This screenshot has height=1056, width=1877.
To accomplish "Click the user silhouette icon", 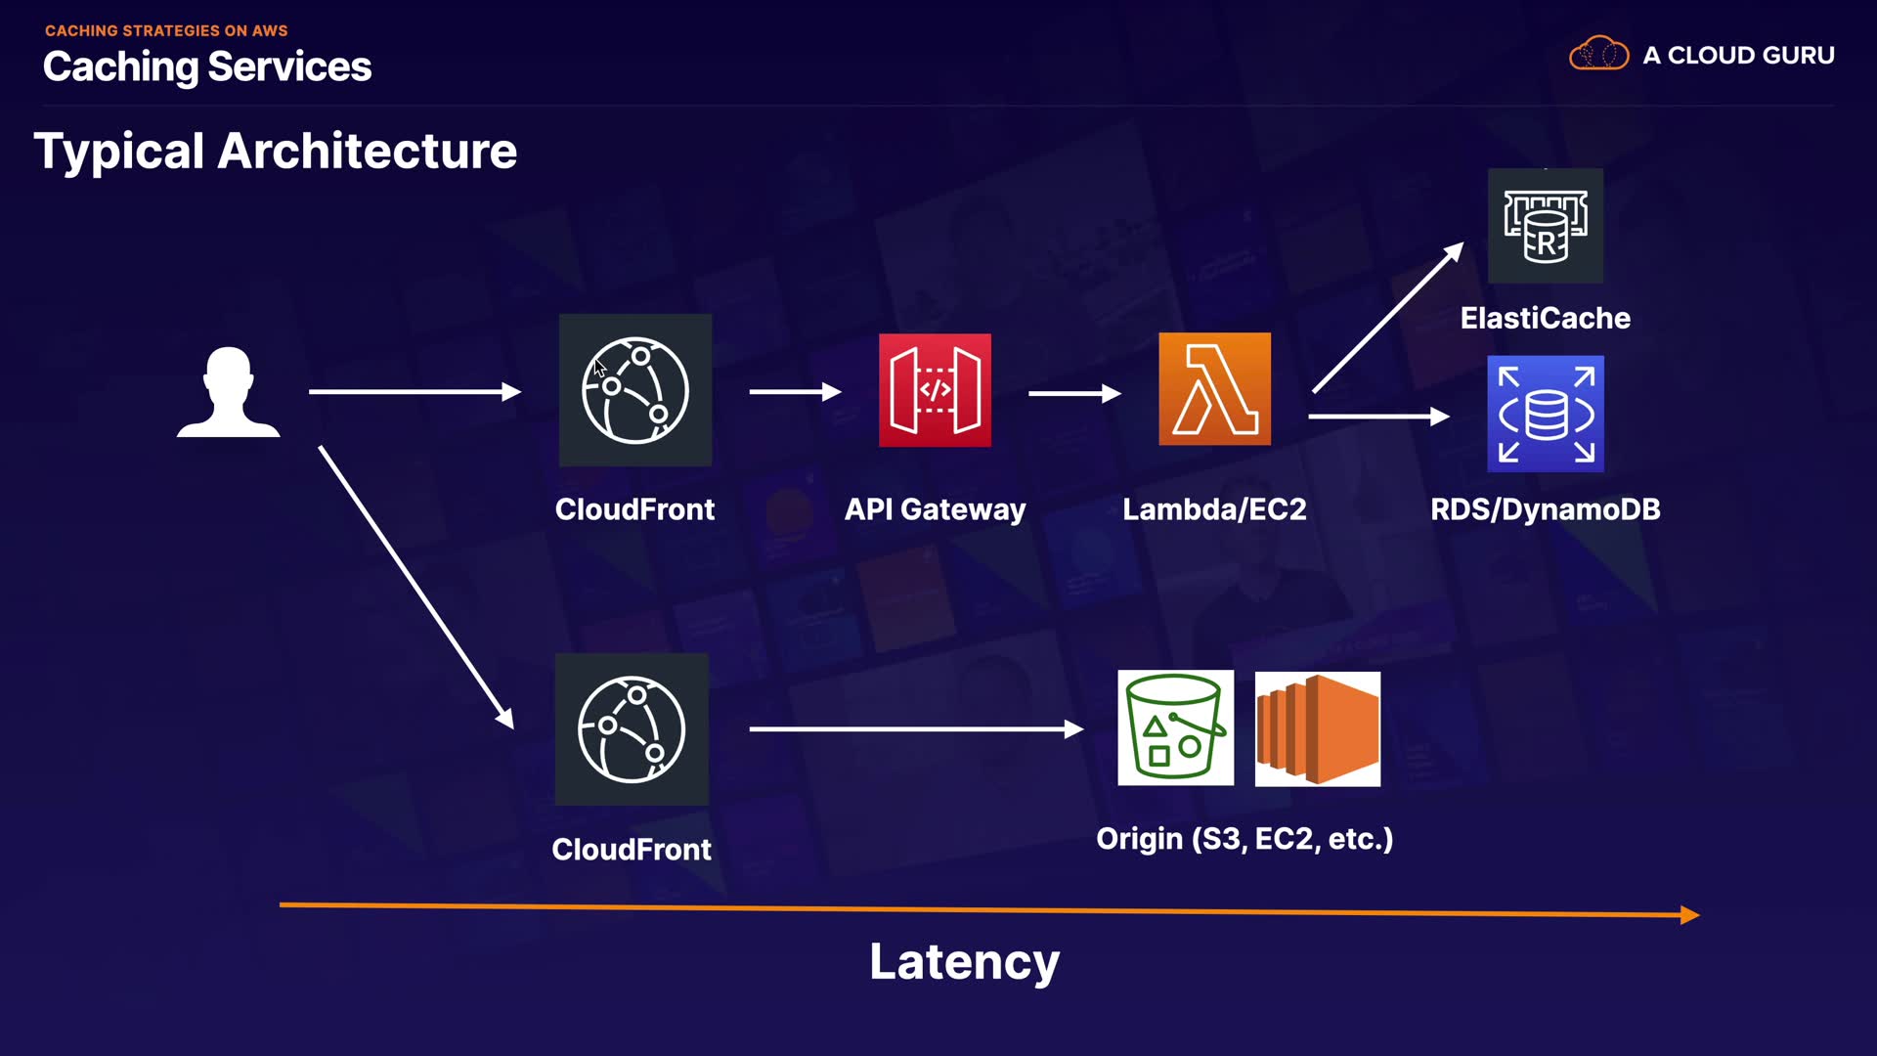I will (228, 392).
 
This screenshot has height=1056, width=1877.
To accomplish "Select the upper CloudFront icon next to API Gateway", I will (635, 390).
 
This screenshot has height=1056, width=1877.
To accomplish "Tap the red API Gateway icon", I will (935, 390).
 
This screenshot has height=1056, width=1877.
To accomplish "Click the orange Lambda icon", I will (1214, 389).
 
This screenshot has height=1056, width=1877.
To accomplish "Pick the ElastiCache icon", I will (1545, 226).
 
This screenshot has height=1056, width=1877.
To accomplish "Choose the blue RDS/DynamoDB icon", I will (1545, 414).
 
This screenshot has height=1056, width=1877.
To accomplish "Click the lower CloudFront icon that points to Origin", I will (632, 729).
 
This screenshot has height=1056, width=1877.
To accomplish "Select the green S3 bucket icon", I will (1175, 727).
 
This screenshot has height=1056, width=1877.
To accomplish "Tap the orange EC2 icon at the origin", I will (1317, 728).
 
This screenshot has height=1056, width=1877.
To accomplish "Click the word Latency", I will (964, 962).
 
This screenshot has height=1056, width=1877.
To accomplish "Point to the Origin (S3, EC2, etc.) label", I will (1244, 839).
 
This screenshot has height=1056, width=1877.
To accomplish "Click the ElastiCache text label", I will (1545, 318).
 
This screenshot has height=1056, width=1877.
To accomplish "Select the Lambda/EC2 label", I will (1214, 509).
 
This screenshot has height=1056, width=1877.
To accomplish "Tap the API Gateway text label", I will (935, 509).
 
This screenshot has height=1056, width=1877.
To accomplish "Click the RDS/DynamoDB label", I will (1545, 509).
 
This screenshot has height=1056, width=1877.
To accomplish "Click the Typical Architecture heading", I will (276, 152).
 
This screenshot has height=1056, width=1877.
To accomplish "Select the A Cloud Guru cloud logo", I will (1598, 54).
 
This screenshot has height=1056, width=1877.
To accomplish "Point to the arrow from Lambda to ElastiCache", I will (1387, 319).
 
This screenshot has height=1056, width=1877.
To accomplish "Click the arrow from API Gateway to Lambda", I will (1073, 393).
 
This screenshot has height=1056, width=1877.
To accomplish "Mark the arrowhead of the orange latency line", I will (1690, 915).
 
